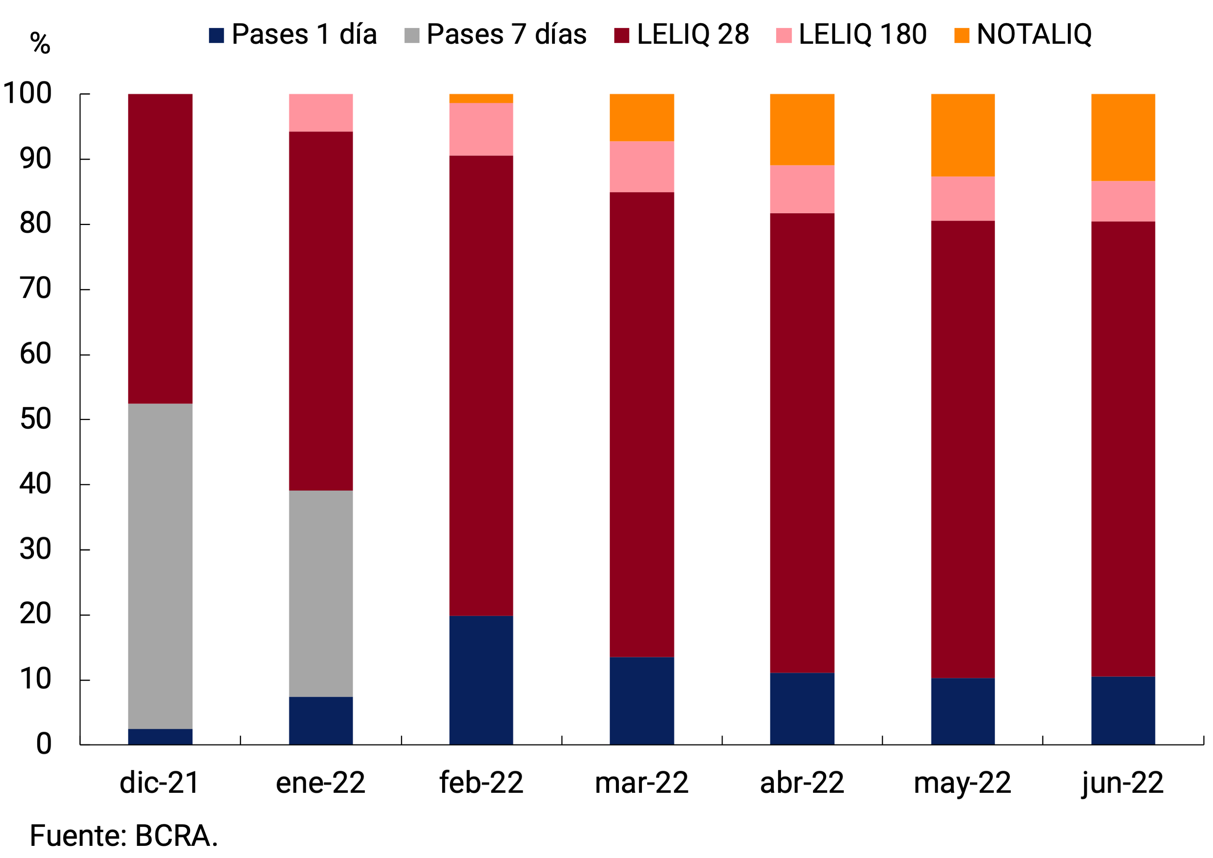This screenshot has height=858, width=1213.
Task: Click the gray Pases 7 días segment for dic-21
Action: (160, 566)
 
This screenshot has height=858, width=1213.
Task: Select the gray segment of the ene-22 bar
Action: (321, 593)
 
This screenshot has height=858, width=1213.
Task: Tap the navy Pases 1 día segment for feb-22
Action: (481, 680)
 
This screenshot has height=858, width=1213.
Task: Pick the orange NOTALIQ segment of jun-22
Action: (1123, 138)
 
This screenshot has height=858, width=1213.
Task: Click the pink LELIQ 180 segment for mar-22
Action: (641, 166)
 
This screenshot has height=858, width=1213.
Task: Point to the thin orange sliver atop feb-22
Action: (481, 98)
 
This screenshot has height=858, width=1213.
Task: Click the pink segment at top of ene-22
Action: (321, 113)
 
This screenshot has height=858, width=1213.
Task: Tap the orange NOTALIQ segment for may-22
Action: (963, 135)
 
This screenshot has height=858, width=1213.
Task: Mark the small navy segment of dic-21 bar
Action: (160, 737)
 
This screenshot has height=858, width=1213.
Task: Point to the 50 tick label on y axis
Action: (36, 419)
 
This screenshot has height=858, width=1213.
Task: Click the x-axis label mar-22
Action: (641, 782)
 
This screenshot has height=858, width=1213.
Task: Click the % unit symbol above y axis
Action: (40, 43)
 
